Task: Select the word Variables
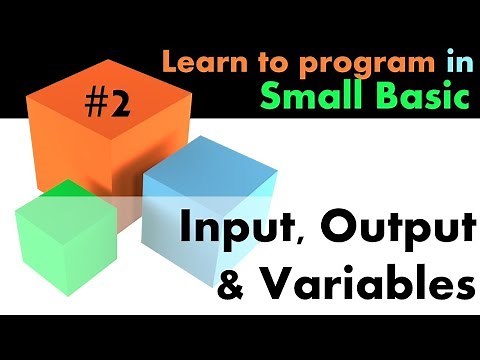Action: (362, 282)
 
